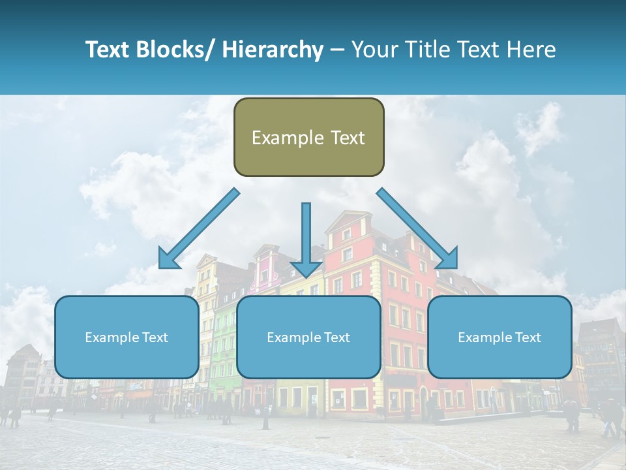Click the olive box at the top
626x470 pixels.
[308, 137]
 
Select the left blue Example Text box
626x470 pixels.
[127, 337]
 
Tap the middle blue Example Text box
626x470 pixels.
[308, 337]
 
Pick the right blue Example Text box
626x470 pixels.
[499, 337]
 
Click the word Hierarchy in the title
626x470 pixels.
[272, 50]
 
